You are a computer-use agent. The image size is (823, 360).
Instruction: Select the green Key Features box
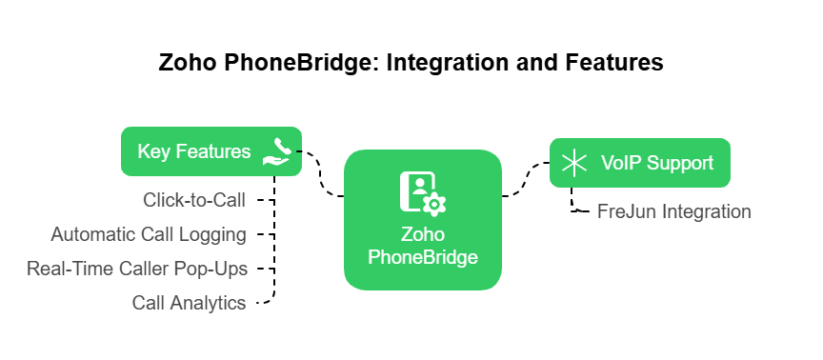tap(211, 151)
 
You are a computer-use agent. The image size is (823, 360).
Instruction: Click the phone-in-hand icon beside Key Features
tap(276, 152)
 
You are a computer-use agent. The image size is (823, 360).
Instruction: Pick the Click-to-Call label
tap(194, 200)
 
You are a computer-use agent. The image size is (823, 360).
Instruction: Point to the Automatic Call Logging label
tap(149, 234)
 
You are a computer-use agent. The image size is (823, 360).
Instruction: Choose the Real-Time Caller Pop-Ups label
tap(137, 269)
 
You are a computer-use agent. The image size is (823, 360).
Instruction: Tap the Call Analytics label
tap(189, 303)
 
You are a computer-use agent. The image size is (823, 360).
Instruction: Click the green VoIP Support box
tap(639, 162)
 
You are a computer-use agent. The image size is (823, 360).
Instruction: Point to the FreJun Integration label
tap(674, 211)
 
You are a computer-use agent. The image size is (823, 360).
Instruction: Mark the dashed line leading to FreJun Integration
tap(574, 203)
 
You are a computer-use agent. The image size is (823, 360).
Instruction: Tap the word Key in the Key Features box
tap(153, 152)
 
